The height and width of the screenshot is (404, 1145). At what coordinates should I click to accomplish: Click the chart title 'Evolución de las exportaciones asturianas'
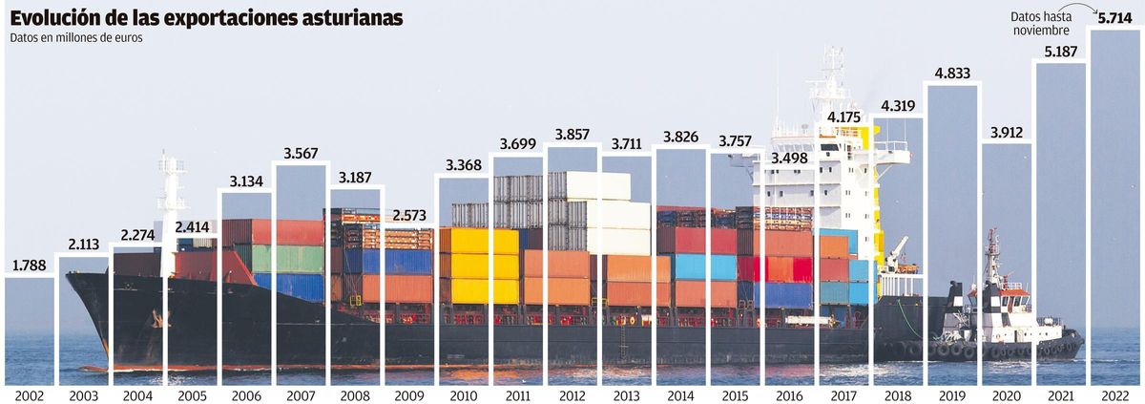(x=206, y=18)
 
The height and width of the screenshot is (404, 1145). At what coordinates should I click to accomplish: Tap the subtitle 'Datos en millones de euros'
(x=75, y=39)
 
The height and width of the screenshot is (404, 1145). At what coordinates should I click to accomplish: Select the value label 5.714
(x=1114, y=17)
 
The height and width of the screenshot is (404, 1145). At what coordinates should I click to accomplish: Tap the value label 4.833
(x=953, y=73)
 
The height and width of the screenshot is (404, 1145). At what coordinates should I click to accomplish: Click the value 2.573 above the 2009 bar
(x=409, y=214)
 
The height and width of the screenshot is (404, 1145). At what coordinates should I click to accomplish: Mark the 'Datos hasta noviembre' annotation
(x=1043, y=24)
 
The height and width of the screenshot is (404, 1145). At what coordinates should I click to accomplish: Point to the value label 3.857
(x=572, y=132)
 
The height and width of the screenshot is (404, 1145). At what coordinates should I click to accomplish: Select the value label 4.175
(x=843, y=117)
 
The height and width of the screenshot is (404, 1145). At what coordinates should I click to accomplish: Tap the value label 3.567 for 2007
(x=301, y=153)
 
